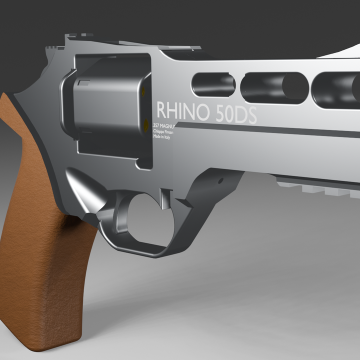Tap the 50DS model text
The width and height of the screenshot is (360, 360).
(236, 114)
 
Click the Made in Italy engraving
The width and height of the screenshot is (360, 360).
(162, 137)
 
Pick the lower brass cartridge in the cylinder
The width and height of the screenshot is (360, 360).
(145, 123)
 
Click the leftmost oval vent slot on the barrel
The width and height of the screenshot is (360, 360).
(213, 84)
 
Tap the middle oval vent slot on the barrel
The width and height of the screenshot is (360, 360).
(274, 87)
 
